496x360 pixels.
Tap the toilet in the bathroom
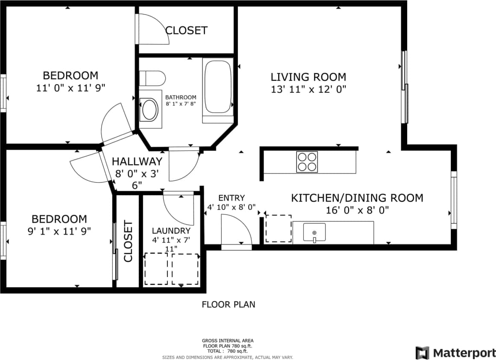tap(153, 78)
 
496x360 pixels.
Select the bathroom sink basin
tap(150, 109)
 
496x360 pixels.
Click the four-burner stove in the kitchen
tap(307, 162)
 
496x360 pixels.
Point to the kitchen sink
tap(314, 233)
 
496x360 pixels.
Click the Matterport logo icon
tap(422, 353)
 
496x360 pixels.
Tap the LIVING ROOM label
tap(308, 77)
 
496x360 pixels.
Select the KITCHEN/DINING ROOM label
tap(357, 198)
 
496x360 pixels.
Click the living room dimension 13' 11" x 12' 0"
tap(308, 89)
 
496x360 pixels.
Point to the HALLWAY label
tap(137, 161)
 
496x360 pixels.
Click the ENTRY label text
tap(231, 198)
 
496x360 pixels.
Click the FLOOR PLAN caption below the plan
tap(228, 304)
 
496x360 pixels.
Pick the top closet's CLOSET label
tap(186, 30)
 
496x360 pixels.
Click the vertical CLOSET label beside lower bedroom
tap(128, 242)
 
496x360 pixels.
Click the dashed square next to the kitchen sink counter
tap(278, 229)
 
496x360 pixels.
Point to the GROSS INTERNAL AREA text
tap(227, 341)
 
